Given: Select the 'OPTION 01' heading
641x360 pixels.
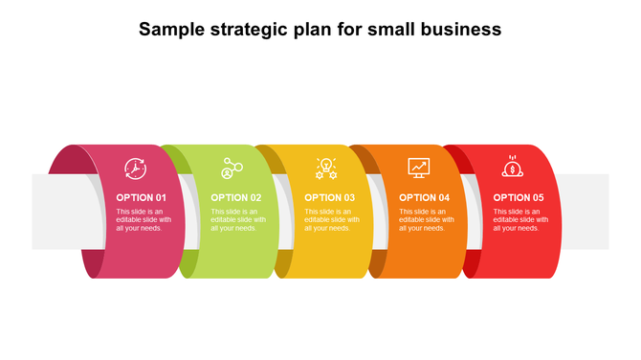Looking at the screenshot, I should (142, 198).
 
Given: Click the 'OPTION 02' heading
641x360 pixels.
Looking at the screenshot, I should (235, 198).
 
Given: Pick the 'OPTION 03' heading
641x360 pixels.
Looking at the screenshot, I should (330, 198).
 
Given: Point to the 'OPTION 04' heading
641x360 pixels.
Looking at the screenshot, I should (424, 198).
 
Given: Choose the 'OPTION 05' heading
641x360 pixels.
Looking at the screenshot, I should (519, 198).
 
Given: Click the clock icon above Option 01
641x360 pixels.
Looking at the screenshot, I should (135, 169).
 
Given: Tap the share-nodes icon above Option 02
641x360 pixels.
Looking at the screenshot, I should (231, 169).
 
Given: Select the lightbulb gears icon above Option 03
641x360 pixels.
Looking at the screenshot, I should (326, 169).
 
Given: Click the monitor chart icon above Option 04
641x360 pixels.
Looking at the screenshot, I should (419, 168).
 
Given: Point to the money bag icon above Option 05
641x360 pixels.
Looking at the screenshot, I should (513, 168).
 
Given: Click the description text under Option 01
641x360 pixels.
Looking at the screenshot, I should (144, 220).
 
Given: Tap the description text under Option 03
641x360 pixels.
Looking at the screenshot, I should (332, 220).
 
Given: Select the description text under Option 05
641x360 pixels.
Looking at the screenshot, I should (520, 220).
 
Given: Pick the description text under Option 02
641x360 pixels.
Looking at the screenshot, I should (238, 220).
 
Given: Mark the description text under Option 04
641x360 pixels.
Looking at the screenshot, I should (426, 220).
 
